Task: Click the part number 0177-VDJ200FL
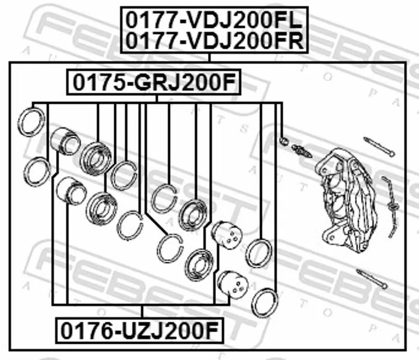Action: coord(214,20)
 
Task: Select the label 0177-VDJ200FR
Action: coord(214,41)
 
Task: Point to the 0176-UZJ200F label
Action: coord(139,331)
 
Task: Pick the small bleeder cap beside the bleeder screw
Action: coord(284,141)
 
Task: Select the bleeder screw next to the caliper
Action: coord(302,151)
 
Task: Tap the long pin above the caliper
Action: coord(379,146)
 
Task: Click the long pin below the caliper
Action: coord(372,279)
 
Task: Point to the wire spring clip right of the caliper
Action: coord(391,206)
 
